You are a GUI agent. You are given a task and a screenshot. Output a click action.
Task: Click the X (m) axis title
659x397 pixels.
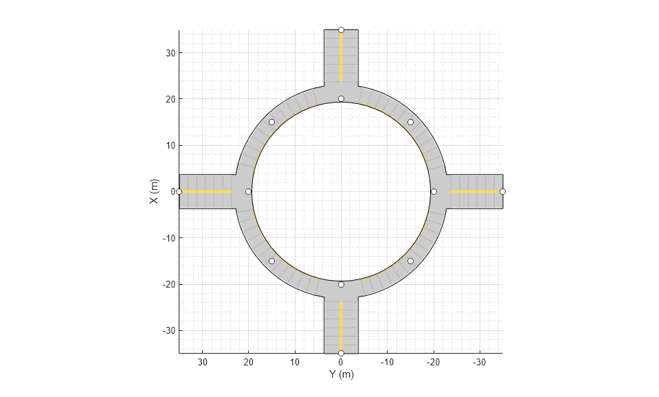click(x=154, y=191)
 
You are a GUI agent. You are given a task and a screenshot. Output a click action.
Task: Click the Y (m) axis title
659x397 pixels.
click(x=342, y=374)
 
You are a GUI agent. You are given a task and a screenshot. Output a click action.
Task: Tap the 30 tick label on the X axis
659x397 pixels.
click(x=170, y=53)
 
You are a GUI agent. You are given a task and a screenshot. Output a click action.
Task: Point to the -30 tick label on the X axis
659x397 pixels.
click(x=169, y=331)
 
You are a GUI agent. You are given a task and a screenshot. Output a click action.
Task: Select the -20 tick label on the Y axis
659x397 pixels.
click(x=434, y=363)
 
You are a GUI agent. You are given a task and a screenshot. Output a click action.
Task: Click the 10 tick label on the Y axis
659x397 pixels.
click(x=295, y=363)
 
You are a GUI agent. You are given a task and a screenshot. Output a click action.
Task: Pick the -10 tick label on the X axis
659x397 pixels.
click(x=169, y=238)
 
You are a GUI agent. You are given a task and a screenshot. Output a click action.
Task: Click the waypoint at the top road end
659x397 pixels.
click(x=342, y=30)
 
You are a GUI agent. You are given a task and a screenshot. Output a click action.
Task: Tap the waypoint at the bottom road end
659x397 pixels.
click(x=342, y=353)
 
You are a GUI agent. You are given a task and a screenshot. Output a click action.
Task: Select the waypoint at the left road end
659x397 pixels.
click(x=179, y=191)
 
